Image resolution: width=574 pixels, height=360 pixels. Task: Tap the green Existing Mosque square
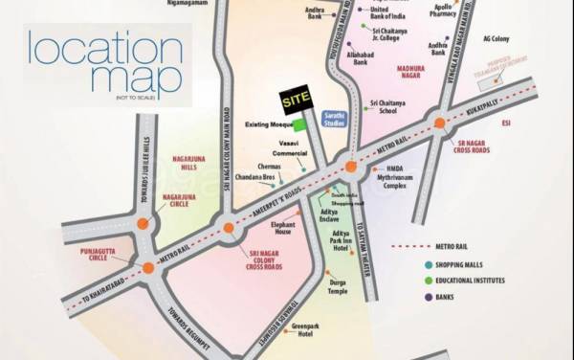[x=299, y=124]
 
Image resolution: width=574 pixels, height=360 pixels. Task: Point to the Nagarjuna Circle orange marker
[x=143, y=226]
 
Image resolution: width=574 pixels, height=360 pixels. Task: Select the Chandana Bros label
[x=251, y=180]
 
